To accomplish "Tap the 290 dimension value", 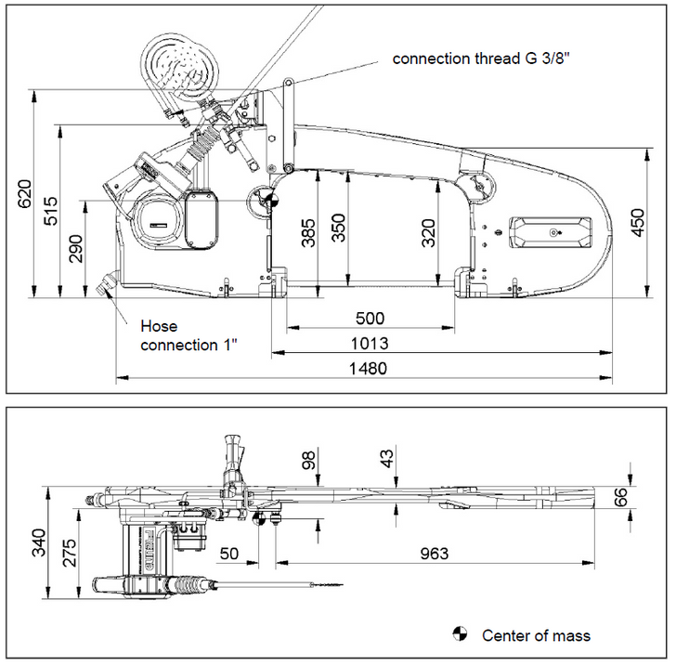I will [x=76, y=249].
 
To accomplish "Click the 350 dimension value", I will [x=339, y=229].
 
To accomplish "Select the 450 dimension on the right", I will [x=638, y=223].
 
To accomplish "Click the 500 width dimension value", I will [x=370, y=318].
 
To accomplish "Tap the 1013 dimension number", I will [x=370, y=343].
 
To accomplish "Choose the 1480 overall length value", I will [x=368, y=368].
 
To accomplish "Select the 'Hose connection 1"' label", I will [x=188, y=335].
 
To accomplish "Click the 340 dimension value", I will [x=38, y=542].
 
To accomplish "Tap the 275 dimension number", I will [x=69, y=555].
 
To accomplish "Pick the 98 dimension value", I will [x=310, y=459].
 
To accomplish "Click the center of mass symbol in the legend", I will [x=458, y=635].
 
